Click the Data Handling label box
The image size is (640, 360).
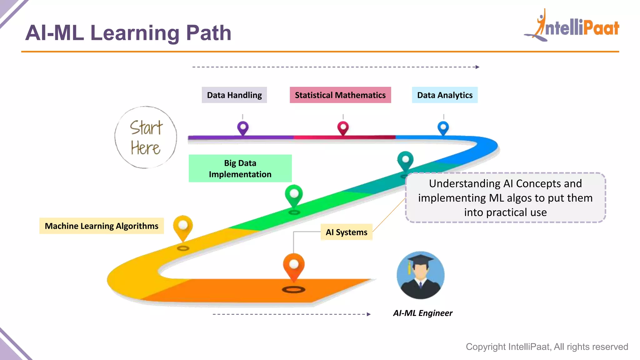click(234, 95)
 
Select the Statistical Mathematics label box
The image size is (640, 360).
click(340, 95)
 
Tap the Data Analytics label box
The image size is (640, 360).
click(445, 95)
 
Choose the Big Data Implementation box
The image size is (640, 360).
click(240, 168)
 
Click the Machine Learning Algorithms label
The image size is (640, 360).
click(102, 226)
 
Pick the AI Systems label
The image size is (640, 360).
click(347, 232)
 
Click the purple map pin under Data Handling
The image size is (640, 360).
click(243, 128)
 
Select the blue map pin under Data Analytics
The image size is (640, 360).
click(443, 128)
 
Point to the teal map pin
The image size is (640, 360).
click(405, 160)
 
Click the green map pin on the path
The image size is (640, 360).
click(294, 195)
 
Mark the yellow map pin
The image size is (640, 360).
click(183, 226)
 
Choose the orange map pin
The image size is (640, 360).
click(294, 266)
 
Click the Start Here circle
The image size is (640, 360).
click(146, 137)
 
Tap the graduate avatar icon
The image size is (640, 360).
click(421, 275)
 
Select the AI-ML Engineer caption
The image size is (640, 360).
click(423, 313)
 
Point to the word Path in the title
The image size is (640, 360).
click(209, 33)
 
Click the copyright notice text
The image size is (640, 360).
click(547, 347)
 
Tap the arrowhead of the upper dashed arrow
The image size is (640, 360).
click(477, 67)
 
